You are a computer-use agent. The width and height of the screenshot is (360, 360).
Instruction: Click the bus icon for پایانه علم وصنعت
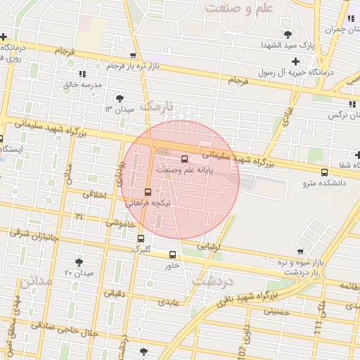click(x=185, y=159)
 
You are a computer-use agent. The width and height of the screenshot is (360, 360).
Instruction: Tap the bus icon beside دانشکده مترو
click(x=324, y=172)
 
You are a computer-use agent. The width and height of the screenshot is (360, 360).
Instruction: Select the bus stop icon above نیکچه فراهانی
click(x=148, y=191)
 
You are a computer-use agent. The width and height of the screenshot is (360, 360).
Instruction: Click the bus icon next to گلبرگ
click(x=141, y=238)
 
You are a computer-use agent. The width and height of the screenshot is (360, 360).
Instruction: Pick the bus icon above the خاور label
click(x=173, y=255)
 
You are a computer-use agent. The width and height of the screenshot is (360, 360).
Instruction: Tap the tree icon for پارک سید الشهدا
click(x=287, y=34)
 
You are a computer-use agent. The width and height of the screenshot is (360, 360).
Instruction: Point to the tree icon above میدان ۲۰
click(x=79, y=262)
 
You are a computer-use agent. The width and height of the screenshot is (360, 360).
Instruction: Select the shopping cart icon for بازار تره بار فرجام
click(x=133, y=56)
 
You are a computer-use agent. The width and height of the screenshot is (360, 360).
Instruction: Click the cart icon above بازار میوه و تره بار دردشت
click(x=300, y=251)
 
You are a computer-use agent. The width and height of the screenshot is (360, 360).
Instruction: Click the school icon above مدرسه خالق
click(x=83, y=73)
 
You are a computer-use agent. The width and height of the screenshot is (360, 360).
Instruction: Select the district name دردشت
click(x=211, y=281)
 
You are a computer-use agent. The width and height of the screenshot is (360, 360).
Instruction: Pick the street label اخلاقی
click(x=94, y=194)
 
